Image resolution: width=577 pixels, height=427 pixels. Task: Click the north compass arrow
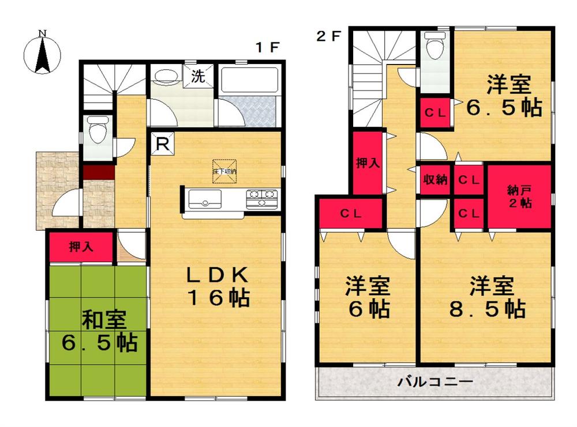42,54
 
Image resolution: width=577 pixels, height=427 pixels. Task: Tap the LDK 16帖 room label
217,287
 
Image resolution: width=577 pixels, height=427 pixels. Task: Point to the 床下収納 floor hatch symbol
223,171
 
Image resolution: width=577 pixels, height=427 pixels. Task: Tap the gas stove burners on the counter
263,199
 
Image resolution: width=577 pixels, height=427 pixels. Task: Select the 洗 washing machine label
197,77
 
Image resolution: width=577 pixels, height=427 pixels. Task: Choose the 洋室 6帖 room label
368,298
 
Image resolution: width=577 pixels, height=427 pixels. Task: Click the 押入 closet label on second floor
368,163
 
